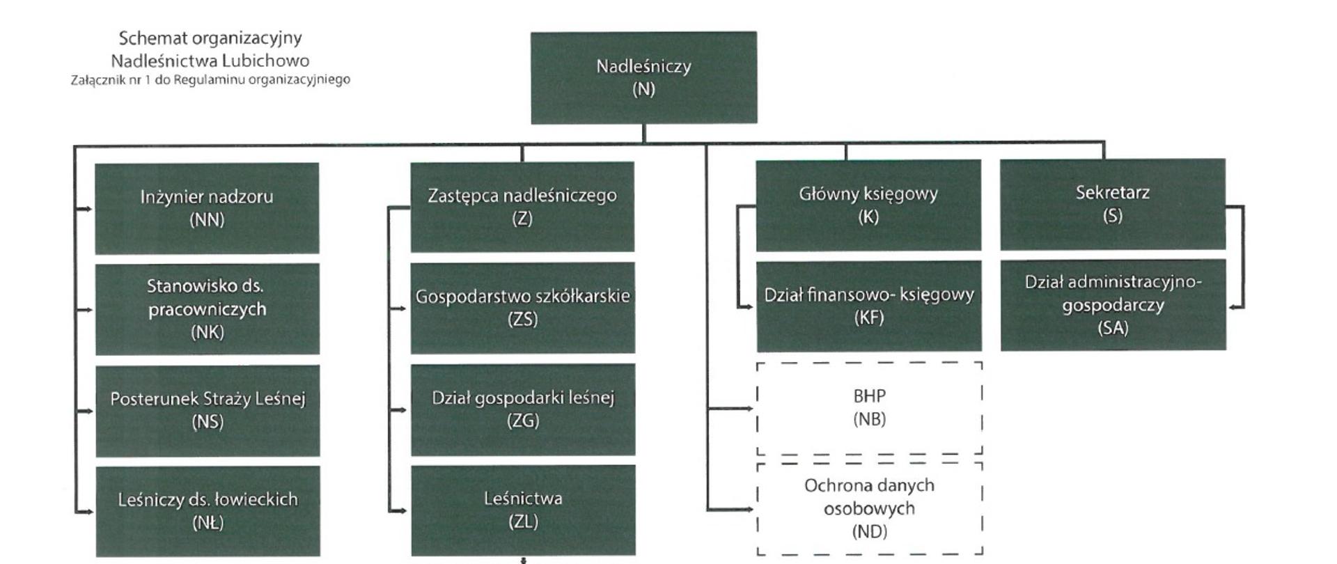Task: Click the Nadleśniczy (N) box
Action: click(x=643, y=77)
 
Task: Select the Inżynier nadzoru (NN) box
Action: click(x=207, y=208)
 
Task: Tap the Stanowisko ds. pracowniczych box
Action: click(x=207, y=308)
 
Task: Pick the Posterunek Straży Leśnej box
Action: click(x=208, y=410)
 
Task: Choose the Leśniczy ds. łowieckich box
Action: click(x=208, y=511)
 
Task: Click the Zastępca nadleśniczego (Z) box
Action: click(x=522, y=207)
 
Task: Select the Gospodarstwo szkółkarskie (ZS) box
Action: click(x=523, y=308)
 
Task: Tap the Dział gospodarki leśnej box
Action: click(x=523, y=409)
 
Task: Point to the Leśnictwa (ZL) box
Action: click(x=523, y=510)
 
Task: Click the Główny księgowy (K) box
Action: click(x=868, y=205)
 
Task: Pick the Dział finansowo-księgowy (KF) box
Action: click(x=869, y=306)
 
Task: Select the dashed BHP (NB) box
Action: click(x=869, y=407)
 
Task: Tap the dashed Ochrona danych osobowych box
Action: click(x=869, y=508)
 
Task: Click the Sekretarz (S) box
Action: click(x=1113, y=204)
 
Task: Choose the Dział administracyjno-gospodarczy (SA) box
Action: click(x=1113, y=305)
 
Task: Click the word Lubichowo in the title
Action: click(x=269, y=61)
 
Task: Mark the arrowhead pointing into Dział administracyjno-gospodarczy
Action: click(x=1233, y=307)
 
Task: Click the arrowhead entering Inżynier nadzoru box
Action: click(x=88, y=208)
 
